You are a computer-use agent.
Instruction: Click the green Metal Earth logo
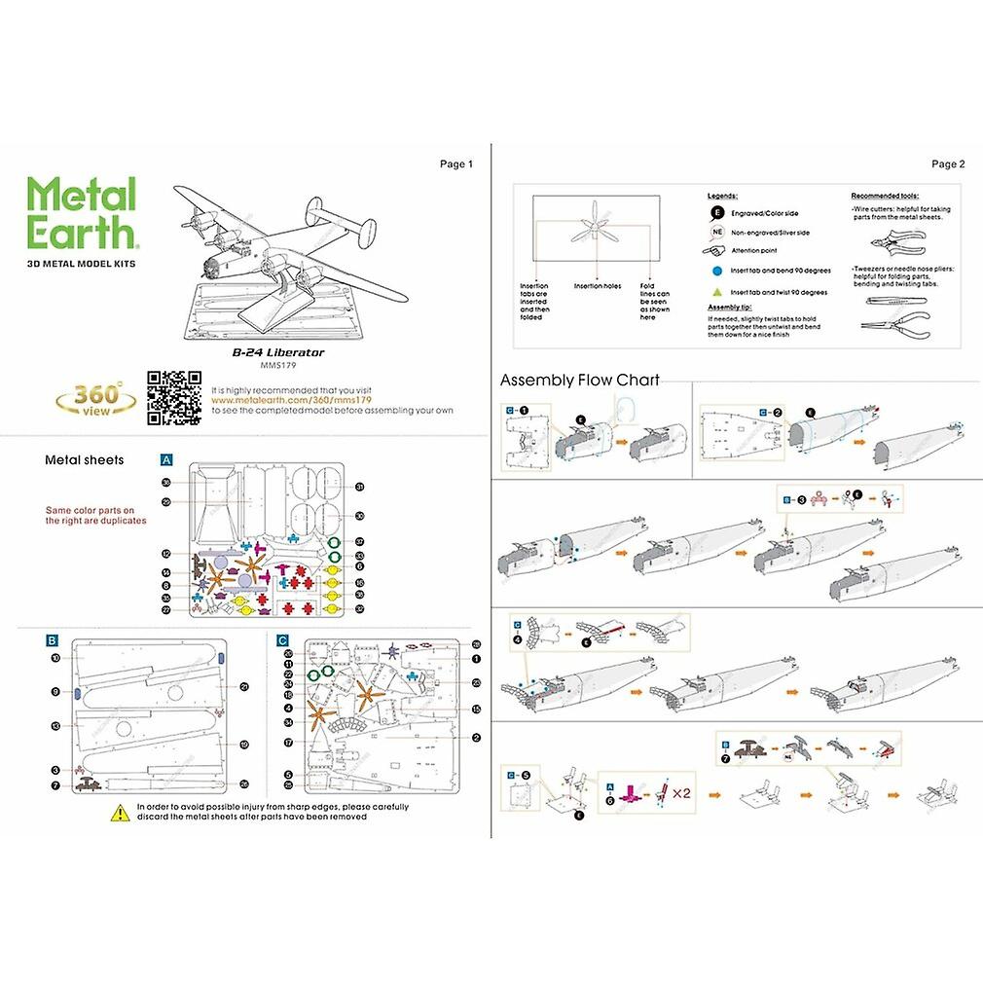click(81, 212)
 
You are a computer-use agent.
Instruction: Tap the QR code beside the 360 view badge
click(174, 398)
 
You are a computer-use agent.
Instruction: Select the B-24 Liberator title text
click(278, 351)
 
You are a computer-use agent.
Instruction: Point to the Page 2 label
click(947, 164)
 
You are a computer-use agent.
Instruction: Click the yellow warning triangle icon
click(120, 812)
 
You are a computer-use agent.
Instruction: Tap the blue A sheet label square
click(166, 458)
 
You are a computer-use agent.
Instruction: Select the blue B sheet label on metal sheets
click(52, 639)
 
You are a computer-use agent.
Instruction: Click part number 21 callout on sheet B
click(244, 687)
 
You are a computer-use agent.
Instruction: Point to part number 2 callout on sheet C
click(477, 737)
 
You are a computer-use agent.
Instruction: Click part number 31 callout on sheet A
click(359, 486)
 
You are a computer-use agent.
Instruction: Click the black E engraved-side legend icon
click(715, 210)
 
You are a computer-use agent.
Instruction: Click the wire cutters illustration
click(892, 241)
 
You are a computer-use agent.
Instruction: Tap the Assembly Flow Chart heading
click(579, 381)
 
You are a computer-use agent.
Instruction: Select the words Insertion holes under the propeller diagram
click(598, 285)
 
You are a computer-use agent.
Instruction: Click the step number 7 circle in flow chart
click(725, 756)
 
